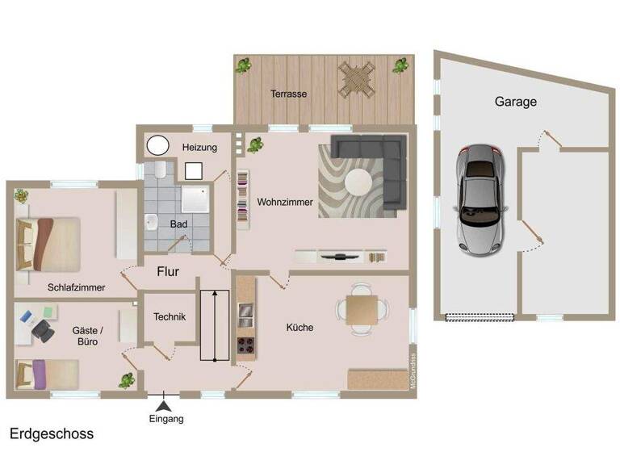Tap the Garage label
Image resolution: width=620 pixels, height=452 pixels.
pyautogui.click(x=515, y=103)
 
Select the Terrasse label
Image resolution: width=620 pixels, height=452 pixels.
pyautogui.click(x=288, y=94)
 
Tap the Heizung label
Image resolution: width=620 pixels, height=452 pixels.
pyautogui.click(x=199, y=148)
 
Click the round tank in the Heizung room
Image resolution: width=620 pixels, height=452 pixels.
pyautogui.click(x=157, y=146)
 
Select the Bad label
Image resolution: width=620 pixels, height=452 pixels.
pyautogui.click(x=178, y=224)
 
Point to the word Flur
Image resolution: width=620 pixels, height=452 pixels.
pyautogui.click(x=168, y=271)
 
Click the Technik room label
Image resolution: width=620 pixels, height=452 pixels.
pyautogui.click(x=170, y=317)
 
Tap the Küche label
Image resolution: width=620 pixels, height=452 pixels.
pyautogui.click(x=300, y=328)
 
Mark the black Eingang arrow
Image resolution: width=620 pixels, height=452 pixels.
pyautogui.click(x=164, y=407)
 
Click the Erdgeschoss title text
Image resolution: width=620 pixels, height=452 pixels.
pyautogui.click(x=52, y=433)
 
